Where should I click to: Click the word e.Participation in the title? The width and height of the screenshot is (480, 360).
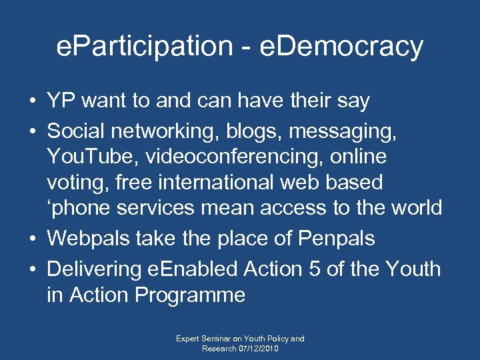pyautogui.click(x=139, y=47)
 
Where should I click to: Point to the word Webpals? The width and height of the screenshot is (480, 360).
pyautogui.click(x=89, y=238)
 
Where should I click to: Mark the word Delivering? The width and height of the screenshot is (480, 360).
pyautogui.click(x=94, y=269)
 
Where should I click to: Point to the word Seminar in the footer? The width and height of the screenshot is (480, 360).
pyautogui.click(x=215, y=339)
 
